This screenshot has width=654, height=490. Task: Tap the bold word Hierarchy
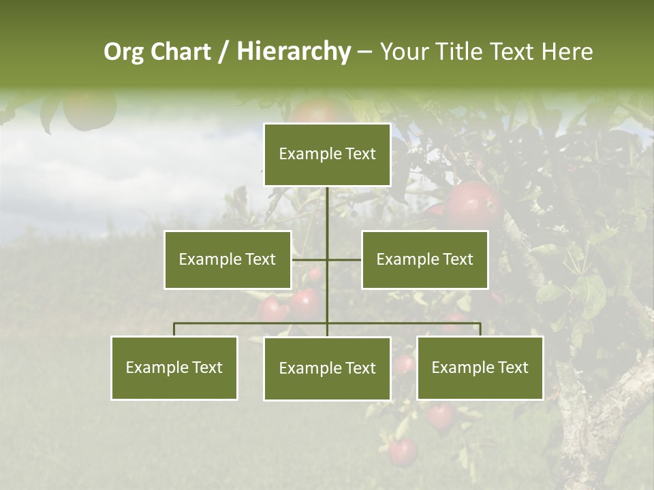tap(293, 52)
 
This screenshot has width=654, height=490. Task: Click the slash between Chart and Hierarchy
tap(223, 52)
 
